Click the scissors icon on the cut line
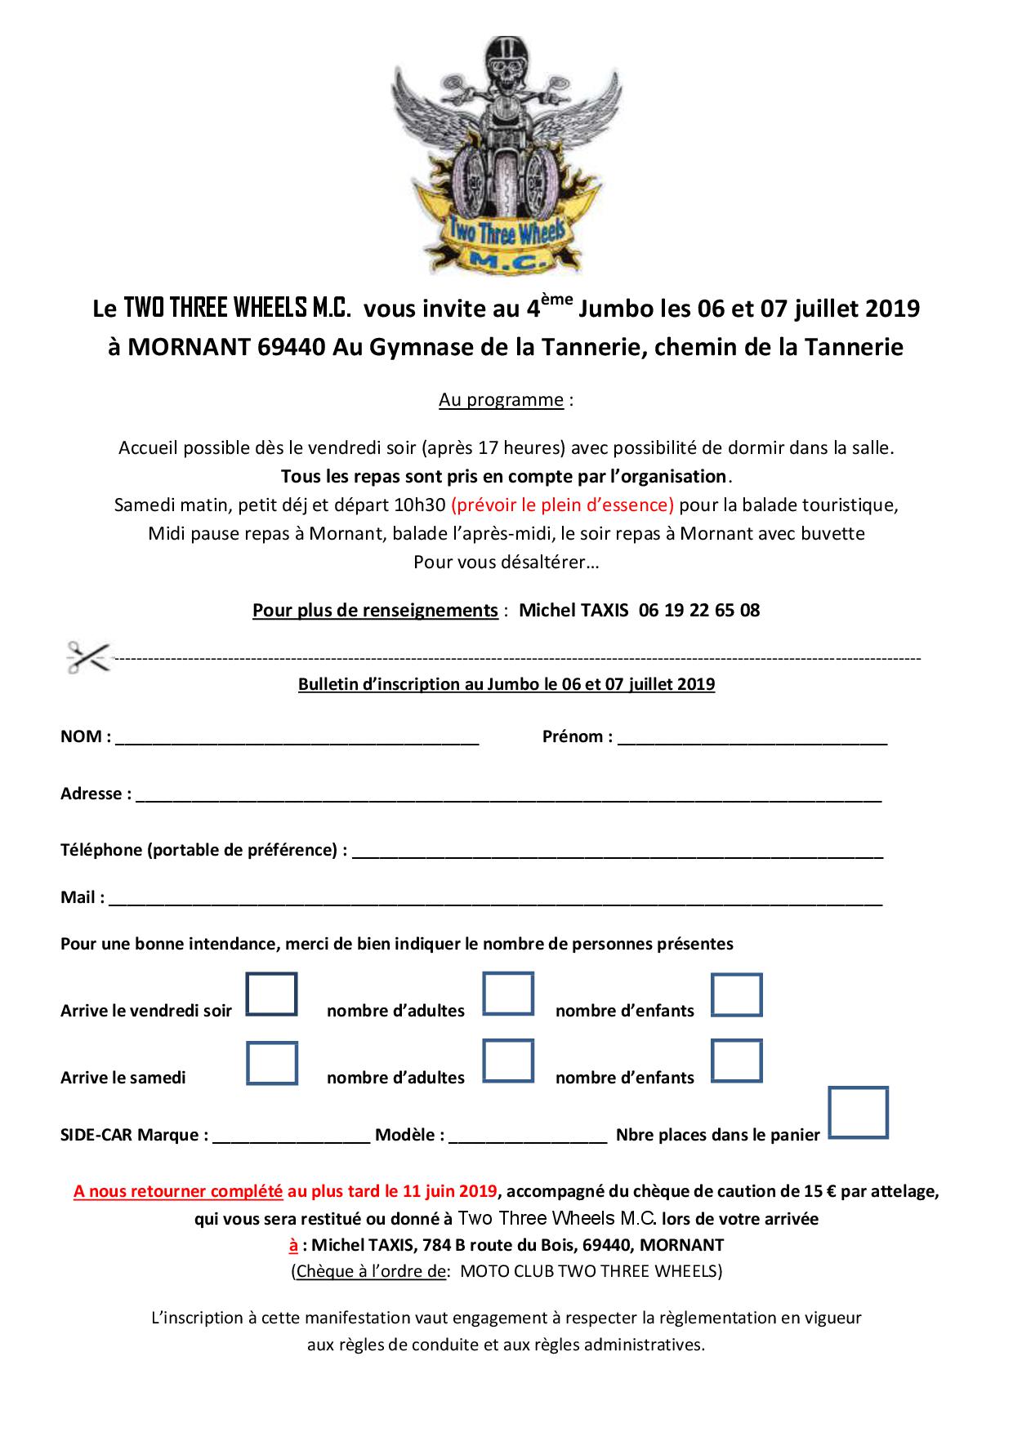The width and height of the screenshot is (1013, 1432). (x=88, y=656)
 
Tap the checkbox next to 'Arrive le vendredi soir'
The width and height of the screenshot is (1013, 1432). (x=271, y=994)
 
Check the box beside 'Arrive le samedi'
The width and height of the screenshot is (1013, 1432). (x=271, y=1062)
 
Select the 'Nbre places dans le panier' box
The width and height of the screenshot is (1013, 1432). (x=858, y=1112)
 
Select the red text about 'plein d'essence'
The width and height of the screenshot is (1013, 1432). (x=562, y=505)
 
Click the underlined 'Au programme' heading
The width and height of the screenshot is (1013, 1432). (x=501, y=400)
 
